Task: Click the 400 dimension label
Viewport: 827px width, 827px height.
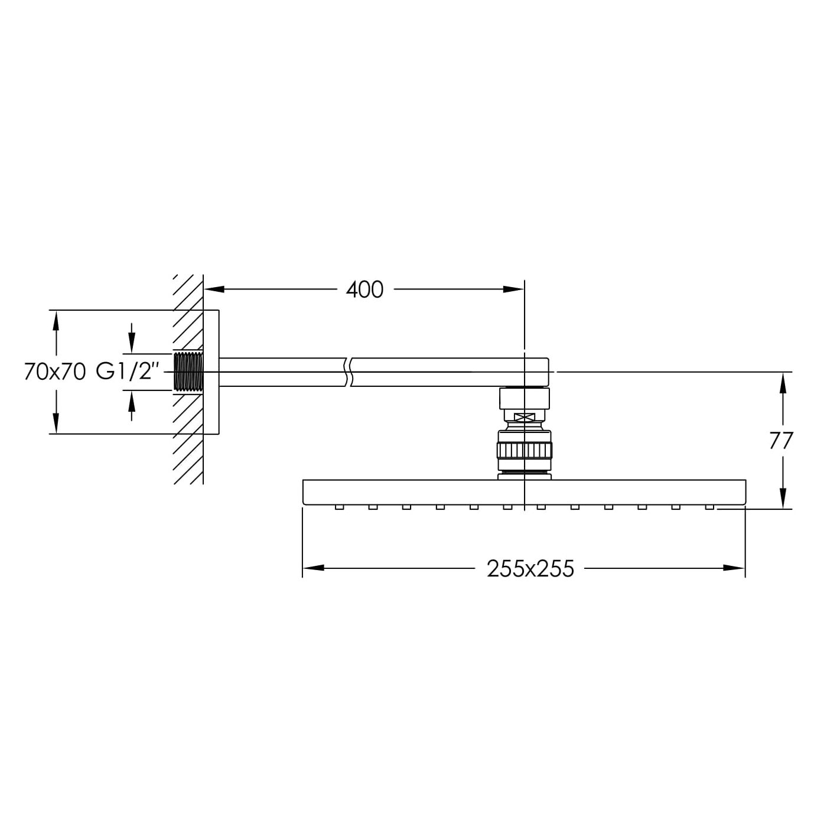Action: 364,289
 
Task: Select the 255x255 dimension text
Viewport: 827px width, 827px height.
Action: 530,569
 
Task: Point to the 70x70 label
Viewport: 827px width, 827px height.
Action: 56,372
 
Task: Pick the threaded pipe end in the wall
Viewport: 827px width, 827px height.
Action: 188,372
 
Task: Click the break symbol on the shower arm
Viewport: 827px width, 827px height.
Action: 348,372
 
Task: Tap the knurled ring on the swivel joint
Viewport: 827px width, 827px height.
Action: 525,451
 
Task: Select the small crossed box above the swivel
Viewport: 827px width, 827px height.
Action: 525,416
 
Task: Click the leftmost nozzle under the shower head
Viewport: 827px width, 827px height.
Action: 339,507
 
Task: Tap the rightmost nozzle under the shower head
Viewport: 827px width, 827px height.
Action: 709,507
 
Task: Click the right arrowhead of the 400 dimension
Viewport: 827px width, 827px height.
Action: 513,289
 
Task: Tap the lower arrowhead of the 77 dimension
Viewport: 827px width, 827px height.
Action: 783,498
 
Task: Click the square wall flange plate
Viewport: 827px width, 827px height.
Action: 211,372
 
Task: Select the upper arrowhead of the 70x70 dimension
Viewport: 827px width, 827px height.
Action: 56,321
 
